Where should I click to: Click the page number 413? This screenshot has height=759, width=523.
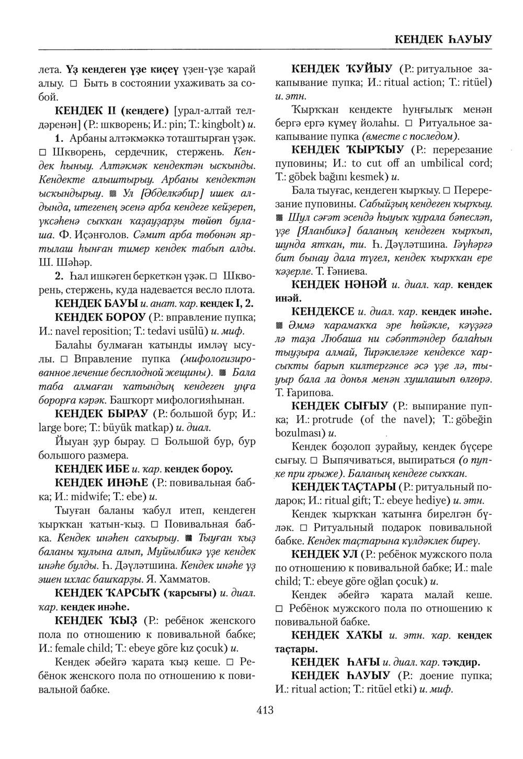click(265, 710)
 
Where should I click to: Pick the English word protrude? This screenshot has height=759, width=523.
click(334, 419)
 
